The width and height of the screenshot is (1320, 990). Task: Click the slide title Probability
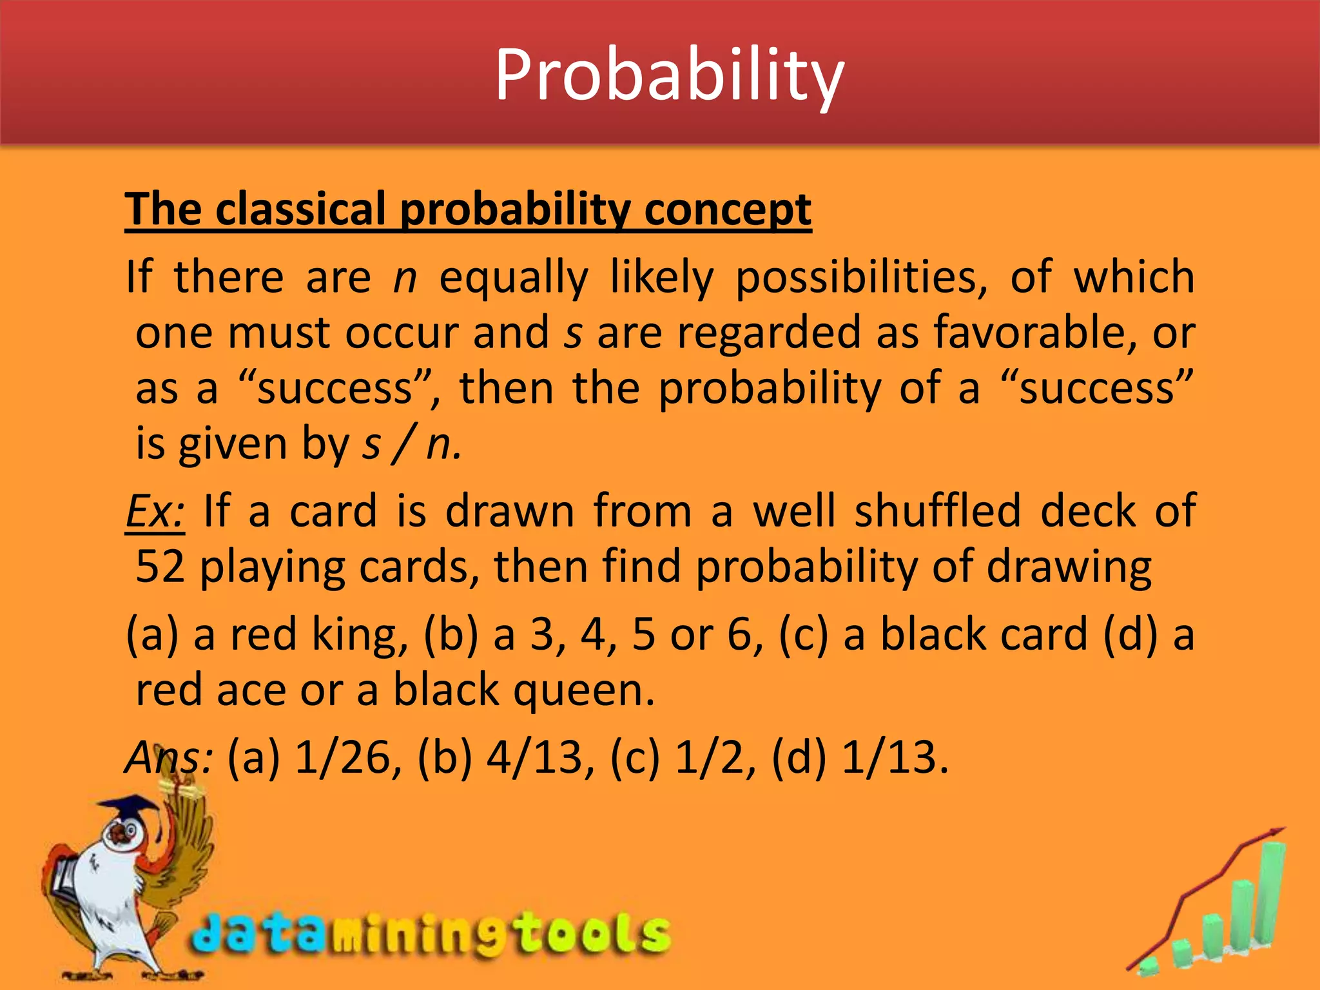tap(669, 76)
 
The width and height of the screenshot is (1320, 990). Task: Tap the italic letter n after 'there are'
tap(405, 278)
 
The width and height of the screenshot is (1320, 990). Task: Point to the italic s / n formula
tap(411, 445)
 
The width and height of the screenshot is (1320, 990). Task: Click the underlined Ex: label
tap(155, 511)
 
